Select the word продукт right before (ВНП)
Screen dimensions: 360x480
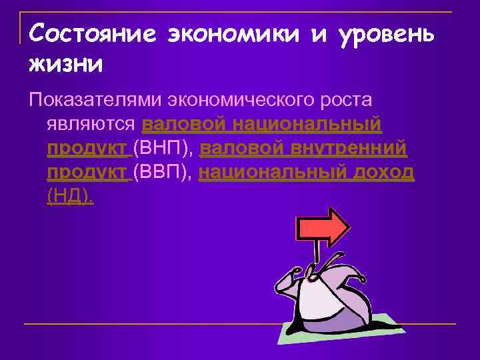click(x=88, y=148)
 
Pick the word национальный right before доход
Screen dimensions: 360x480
click(x=270, y=172)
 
